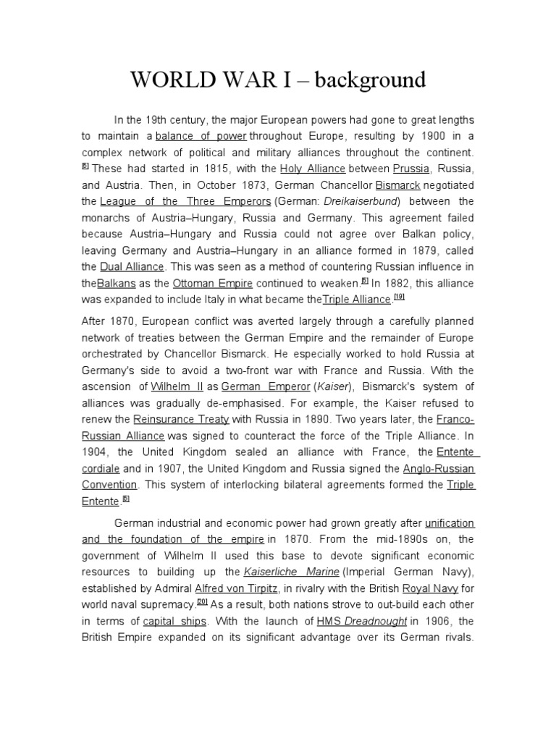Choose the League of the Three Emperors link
[x=185, y=200]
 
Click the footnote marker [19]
[x=398, y=297]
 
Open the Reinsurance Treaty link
[x=181, y=419]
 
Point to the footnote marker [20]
[x=202, y=602]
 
